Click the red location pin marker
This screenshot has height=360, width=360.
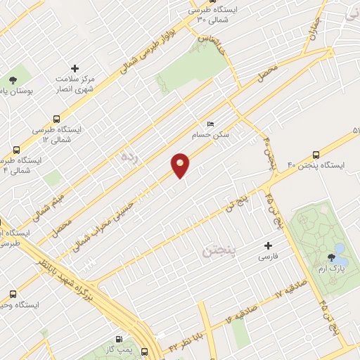[x=181, y=165]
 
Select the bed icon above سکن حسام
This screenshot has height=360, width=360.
[x=211, y=124]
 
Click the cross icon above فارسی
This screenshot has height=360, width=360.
[x=267, y=246]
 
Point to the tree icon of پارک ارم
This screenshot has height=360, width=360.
[x=330, y=257]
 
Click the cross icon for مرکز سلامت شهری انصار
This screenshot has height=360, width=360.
[x=75, y=68]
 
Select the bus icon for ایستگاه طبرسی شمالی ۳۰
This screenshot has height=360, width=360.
[x=193, y=10]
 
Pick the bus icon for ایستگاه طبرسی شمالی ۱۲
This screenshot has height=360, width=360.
[x=56, y=120]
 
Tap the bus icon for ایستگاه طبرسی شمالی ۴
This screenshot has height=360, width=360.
[x=16, y=150]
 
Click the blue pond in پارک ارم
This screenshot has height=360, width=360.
[x=340, y=250]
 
